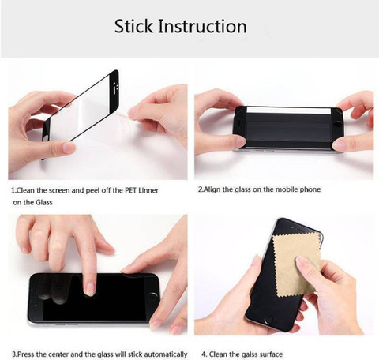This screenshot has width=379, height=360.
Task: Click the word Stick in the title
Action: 133,26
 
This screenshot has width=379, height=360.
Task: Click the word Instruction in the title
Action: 202,26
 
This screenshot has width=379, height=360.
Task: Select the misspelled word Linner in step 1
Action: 148,190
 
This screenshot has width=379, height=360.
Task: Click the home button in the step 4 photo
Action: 268,320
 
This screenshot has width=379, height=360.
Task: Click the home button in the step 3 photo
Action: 153,297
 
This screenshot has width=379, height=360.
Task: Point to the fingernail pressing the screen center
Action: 88,289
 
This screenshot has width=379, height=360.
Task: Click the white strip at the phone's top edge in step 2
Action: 288,110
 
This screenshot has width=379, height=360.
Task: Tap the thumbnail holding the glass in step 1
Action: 69,148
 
